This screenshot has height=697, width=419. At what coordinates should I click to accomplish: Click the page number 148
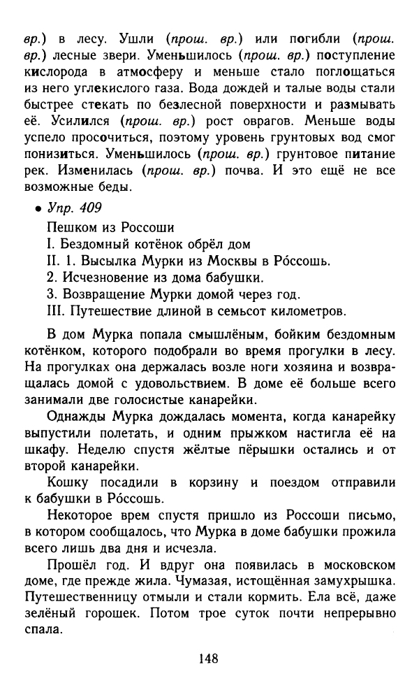(x=209, y=658)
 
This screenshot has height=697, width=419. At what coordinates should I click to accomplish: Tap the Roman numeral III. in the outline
(x=54, y=310)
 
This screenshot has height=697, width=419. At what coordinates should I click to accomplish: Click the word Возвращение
(x=105, y=294)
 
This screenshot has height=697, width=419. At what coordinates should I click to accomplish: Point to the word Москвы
(x=234, y=260)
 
